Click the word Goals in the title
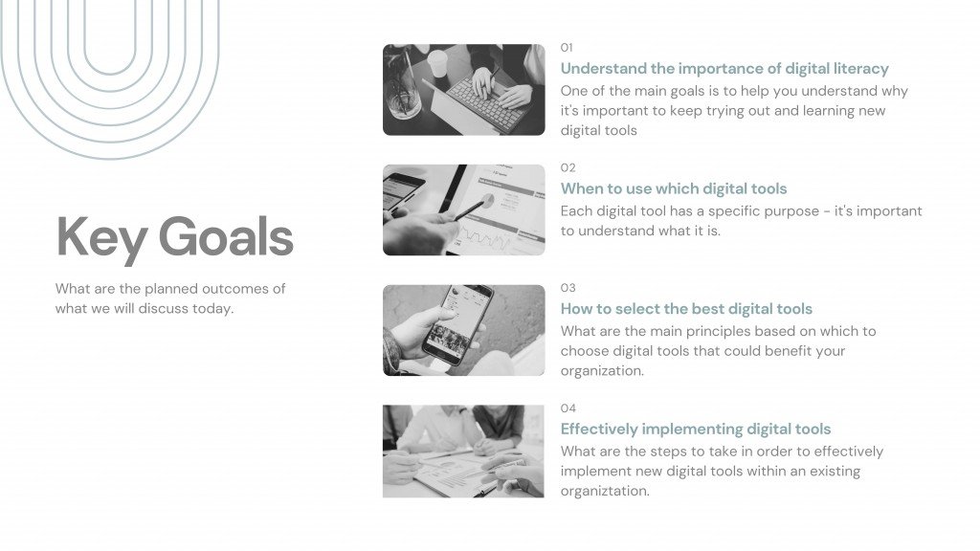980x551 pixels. tap(226, 237)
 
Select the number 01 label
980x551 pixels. tap(567, 48)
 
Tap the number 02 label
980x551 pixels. tap(568, 167)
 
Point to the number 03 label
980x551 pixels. tap(568, 288)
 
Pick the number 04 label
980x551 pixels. tap(568, 408)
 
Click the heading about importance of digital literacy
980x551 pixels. tap(724, 69)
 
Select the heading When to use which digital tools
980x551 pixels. tap(674, 188)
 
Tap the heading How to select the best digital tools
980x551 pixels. tap(686, 309)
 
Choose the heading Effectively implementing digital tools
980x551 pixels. tap(696, 430)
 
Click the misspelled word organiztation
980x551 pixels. tap(605, 491)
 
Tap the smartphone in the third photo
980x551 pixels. tap(457, 325)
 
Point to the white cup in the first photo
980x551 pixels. tap(437, 62)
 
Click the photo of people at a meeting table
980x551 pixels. tap(463, 452)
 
